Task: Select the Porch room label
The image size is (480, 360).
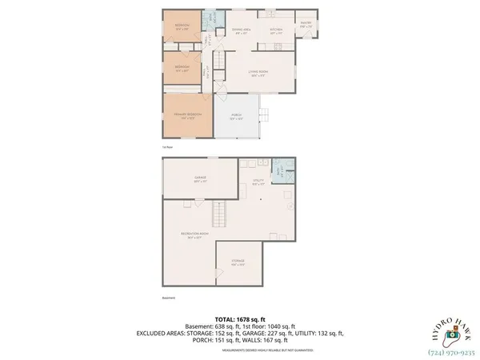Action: (x=237, y=116)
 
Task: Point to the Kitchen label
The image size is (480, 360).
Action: (x=276, y=31)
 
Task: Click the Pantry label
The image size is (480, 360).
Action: (x=306, y=24)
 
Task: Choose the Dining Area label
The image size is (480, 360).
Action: (x=242, y=31)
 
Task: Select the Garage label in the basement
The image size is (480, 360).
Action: (x=201, y=178)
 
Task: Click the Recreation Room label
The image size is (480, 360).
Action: (x=188, y=235)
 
